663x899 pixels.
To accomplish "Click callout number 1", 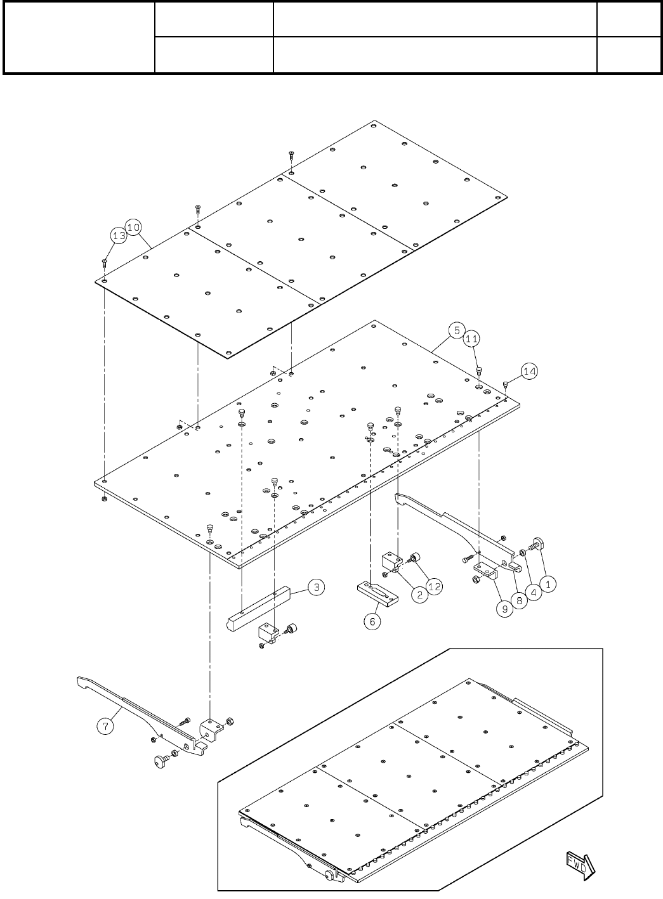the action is point(549,581).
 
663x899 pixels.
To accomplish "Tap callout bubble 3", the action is point(317,588).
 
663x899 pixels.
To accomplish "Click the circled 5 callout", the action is point(456,330).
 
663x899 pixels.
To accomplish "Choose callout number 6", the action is point(372,621).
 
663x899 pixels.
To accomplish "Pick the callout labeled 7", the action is point(106,727).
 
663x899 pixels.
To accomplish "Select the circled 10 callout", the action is point(133,227).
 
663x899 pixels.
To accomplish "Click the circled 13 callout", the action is point(119,235).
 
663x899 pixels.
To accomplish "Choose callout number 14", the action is point(529,371).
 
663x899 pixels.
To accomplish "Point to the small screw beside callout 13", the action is point(104,261).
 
